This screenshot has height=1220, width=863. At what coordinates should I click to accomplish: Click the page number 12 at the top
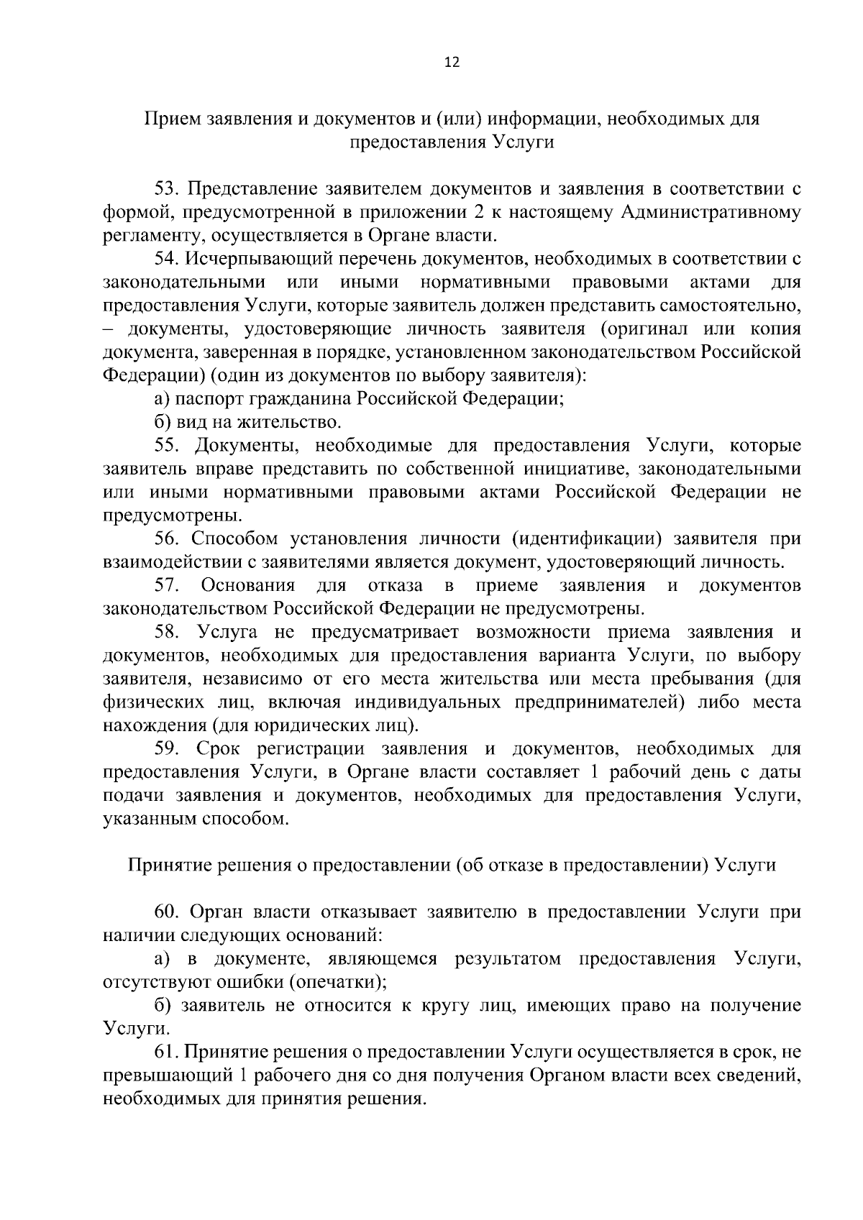click(452, 62)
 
